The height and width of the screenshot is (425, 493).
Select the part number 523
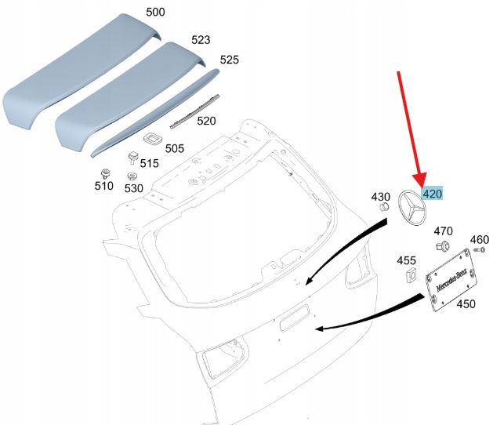tap(201, 39)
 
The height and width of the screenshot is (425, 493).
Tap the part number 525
tap(229, 60)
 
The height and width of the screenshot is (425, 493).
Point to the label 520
tap(206, 121)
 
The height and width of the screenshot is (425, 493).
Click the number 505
tap(175, 147)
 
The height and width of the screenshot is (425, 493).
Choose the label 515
tap(149, 163)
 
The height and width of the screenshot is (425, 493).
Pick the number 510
tap(103, 187)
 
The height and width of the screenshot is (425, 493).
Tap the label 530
tap(133, 188)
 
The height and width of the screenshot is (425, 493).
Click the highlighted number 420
tap(432, 194)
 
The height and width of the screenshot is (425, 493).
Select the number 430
tap(380, 196)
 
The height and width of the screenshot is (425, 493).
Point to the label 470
tap(444, 231)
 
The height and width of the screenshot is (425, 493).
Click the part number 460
tap(479, 239)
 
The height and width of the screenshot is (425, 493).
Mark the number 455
tap(406, 260)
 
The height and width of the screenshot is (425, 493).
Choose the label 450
tap(466, 304)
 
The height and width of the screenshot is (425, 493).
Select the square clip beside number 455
tap(409, 275)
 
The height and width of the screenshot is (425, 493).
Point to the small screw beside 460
tap(480, 250)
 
